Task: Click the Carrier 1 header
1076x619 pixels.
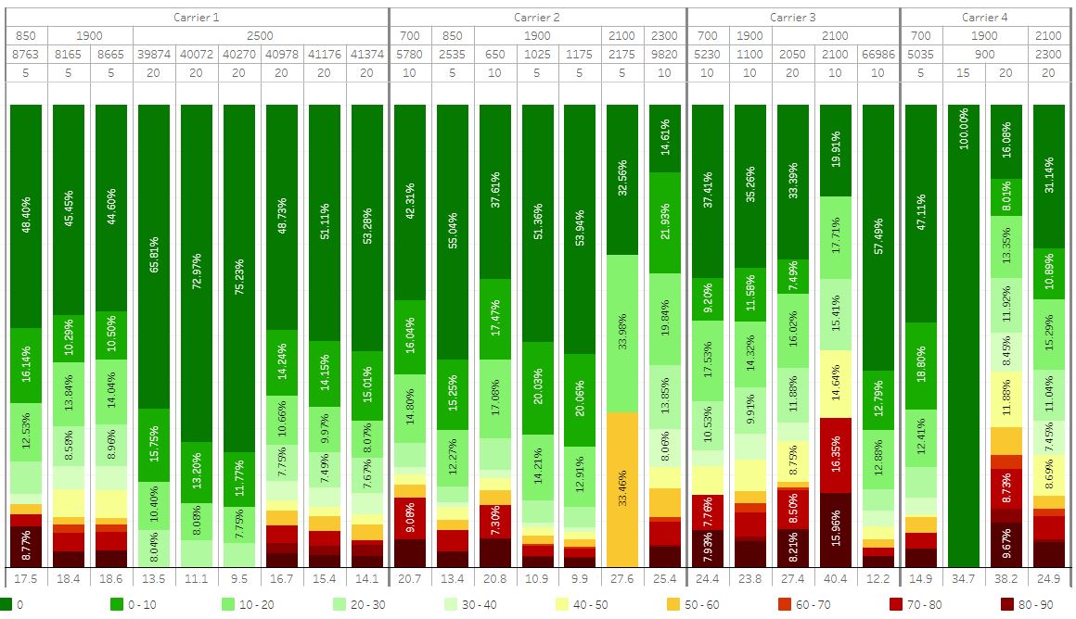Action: coord(197,17)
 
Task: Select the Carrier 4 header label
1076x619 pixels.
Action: coord(984,17)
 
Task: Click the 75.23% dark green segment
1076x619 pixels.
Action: coord(239,278)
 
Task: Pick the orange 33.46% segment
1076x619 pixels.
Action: coord(621,488)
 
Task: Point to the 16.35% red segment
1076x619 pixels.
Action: coord(836,455)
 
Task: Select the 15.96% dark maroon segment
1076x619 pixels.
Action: coord(836,529)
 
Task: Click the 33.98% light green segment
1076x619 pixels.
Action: coord(621,334)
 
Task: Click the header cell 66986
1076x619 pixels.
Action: coord(878,54)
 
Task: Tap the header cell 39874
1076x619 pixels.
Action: coord(154,54)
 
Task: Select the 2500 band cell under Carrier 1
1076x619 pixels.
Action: coord(261,35)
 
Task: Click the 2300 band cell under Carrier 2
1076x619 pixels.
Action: coord(664,35)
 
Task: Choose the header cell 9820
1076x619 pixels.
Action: coord(664,54)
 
